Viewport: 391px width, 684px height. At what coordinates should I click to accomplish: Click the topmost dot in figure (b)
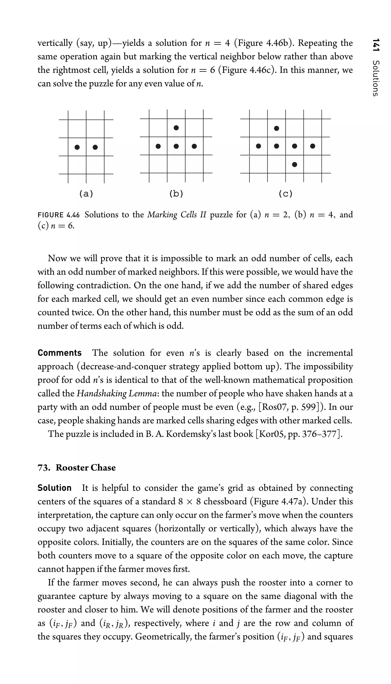[176, 128]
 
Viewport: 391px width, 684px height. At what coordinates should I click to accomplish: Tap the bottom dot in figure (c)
[295, 164]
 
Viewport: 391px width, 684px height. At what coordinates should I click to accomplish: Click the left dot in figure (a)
[77, 147]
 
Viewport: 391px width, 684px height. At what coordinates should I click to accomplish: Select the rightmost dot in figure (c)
[313, 146]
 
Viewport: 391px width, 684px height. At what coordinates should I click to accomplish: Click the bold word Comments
[59, 353]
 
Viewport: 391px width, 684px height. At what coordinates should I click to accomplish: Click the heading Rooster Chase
[86, 468]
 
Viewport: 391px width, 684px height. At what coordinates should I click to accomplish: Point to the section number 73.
[44, 468]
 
